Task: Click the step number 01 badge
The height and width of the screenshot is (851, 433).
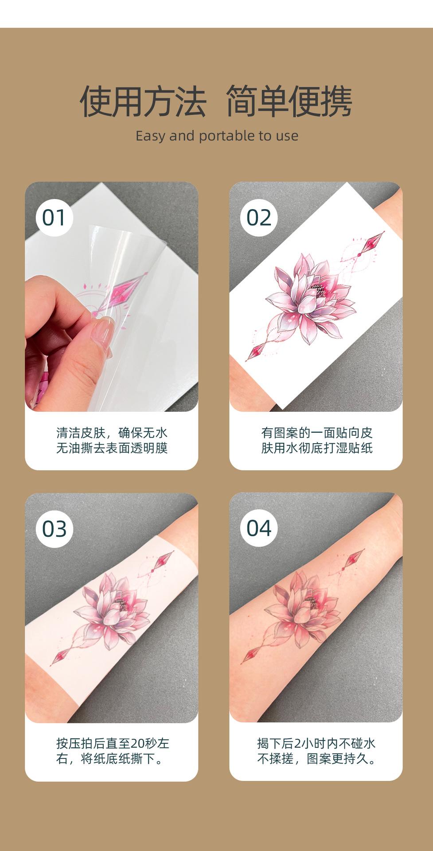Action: coord(54,218)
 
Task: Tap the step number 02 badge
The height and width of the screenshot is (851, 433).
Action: coord(258,218)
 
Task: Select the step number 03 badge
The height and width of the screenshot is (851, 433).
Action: coord(54,529)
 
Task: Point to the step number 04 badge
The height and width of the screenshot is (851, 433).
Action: coord(258,528)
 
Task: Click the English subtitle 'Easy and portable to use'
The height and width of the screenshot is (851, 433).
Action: coord(217,136)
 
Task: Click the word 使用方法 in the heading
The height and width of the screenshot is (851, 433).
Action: coord(143,101)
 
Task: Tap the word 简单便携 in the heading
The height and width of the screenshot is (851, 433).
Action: coord(289,101)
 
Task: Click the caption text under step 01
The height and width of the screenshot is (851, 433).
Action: coord(112,440)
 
